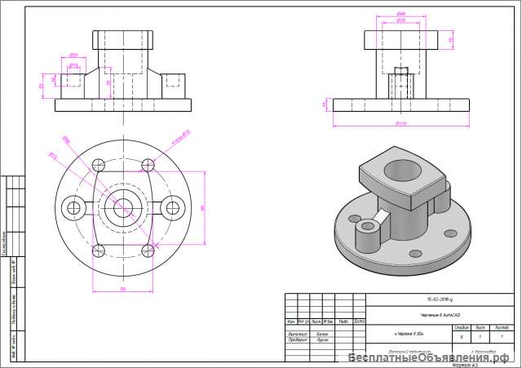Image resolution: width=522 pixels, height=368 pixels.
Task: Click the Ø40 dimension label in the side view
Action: [401, 15]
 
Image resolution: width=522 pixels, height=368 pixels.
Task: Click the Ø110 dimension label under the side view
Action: [401, 123]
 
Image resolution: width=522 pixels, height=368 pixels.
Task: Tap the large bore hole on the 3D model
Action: [401, 171]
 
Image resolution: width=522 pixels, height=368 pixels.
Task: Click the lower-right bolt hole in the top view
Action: [148, 251]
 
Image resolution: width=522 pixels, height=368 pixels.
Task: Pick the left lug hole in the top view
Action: [73, 208]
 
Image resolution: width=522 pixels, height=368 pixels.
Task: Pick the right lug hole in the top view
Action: [172, 208]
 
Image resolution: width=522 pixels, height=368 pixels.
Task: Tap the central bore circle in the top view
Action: [123, 208]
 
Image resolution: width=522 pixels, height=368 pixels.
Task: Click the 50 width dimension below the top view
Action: [122, 288]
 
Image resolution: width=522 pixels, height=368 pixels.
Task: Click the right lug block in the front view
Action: [173, 79]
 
